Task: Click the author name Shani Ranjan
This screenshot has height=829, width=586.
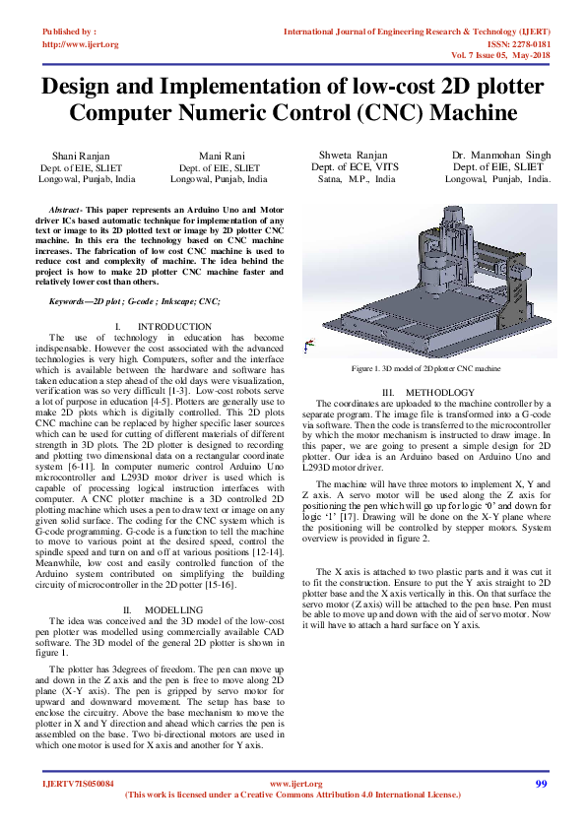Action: (x=81, y=156)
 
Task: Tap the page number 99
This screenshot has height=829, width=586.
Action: (x=541, y=784)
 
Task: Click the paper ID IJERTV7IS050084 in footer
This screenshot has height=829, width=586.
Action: (x=78, y=784)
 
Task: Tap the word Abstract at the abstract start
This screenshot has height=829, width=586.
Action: (x=65, y=211)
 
